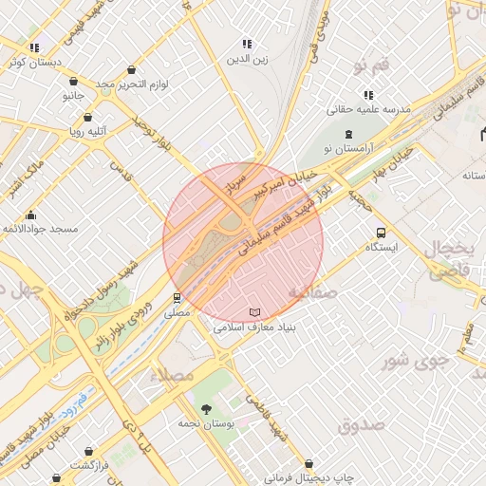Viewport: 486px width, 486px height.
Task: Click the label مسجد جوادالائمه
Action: click(x=39, y=230)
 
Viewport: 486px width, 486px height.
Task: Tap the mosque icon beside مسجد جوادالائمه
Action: click(x=31, y=215)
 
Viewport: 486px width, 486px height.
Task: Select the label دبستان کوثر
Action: click(x=33, y=62)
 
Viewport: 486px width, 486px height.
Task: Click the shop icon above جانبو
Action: click(x=74, y=82)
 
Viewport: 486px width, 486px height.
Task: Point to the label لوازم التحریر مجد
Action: click(x=131, y=84)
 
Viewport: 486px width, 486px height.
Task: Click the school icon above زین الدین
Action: click(x=247, y=45)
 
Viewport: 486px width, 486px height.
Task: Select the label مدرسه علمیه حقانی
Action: click(x=368, y=110)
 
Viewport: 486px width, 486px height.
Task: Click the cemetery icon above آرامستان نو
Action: click(x=348, y=134)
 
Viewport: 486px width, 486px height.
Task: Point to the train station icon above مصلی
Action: click(x=177, y=297)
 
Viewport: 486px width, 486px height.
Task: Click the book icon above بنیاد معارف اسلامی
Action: click(x=253, y=312)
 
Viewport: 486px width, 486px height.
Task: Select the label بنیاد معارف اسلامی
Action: click(x=253, y=327)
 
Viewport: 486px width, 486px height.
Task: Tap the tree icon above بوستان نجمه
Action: click(x=207, y=407)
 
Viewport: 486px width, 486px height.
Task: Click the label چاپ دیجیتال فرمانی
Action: click(x=308, y=477)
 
